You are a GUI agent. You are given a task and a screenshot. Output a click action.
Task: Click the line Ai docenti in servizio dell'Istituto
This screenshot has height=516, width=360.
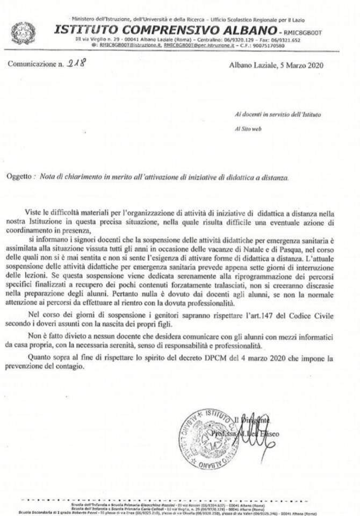point(279,114)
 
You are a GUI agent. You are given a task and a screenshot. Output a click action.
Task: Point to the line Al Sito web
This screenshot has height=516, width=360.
point(249,129)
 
